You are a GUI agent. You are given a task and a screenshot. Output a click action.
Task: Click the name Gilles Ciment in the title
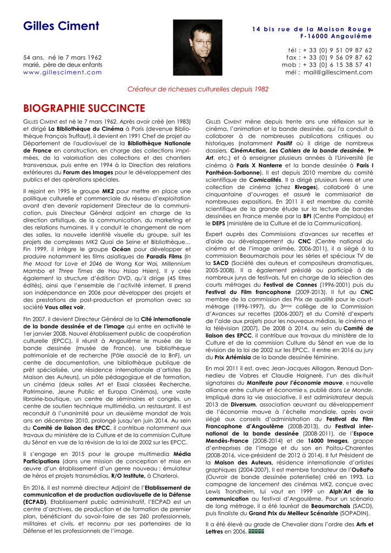61,26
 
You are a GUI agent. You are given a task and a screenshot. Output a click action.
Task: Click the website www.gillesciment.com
63,72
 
